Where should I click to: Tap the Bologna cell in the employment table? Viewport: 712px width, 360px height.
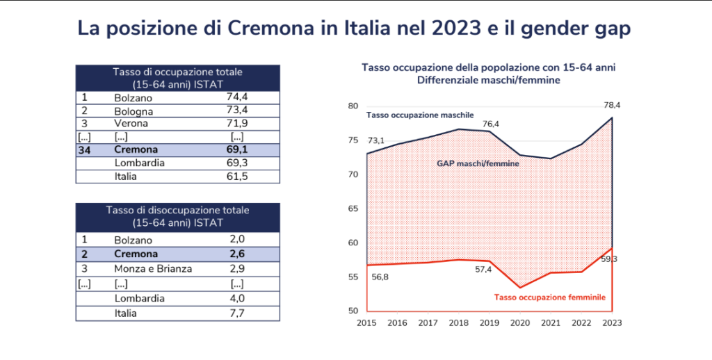tap(133, 111)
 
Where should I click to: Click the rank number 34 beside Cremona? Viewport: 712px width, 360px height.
tap(88, 149)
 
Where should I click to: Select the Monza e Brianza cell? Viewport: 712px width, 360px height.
tap(154, 268)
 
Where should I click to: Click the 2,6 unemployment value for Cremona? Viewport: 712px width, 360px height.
tap(236, 254)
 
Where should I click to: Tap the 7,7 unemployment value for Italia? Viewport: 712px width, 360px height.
tap(236, 313)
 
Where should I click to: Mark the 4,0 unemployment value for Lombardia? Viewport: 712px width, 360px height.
tap(236, 298)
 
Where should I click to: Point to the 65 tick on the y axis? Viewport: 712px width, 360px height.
tap(353, 208)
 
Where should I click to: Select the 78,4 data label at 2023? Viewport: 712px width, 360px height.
tap(611, 105)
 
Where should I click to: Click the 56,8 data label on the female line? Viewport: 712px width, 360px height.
tap(380, 277)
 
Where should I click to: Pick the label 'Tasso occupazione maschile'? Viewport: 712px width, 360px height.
tap(420, 114)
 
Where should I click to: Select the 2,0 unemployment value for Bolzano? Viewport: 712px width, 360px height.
tap(236, 240)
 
